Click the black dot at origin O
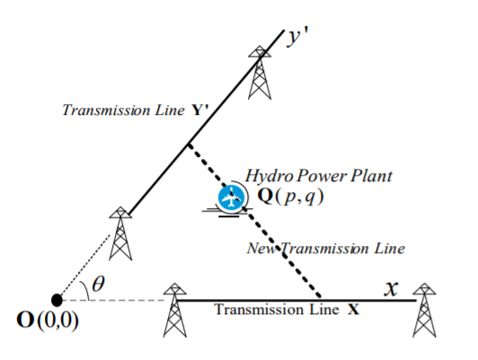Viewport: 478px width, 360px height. pos(57,300)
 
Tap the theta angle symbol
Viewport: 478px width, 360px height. pos(98,284)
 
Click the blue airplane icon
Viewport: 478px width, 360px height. pos(231,197)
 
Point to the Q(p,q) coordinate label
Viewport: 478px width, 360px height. pos(290,197)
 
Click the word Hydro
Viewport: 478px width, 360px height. pos(270,176)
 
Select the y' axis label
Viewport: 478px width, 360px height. pos(297,37)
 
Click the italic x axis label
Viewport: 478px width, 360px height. pos(391,288)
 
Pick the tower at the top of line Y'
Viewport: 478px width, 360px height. pos(260,73)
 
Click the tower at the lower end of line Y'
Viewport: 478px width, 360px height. pos(120,233)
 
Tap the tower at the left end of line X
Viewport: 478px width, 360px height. pos(174,310)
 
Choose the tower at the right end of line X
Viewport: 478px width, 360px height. pos(424,310)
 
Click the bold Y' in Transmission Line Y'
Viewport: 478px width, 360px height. pos(200,110)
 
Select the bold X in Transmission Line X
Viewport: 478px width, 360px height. pos(353,310)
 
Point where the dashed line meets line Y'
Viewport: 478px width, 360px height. pos(190,145)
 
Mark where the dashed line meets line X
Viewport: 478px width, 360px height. pos(320,298)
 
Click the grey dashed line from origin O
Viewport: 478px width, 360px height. pos(113,301)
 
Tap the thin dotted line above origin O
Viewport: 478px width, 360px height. pos(84,265)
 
